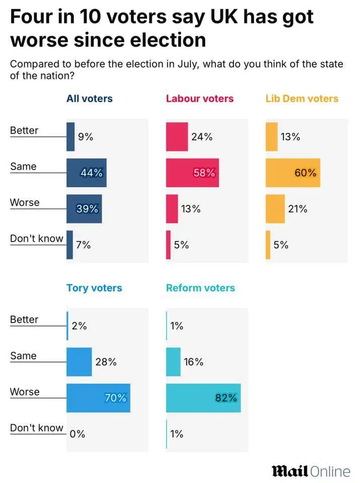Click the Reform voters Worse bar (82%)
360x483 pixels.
click(x=203, y=398)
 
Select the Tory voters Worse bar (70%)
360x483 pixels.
click(x=98, y=398)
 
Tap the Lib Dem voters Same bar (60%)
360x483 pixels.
click(x=293, y=173)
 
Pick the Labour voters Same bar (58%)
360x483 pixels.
click(x=192, y=173)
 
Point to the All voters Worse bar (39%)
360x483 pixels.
click(x=84, y=209)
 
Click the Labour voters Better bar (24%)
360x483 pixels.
click(x=177, y=136)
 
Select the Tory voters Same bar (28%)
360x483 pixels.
click(x=79, y=362)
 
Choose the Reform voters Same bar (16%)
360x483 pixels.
click(x=173, y=362)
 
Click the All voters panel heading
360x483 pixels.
click(x=90, y=99)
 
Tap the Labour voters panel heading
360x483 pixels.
click(x=200, y=99)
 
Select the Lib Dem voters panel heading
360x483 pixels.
click(x=302, y=99)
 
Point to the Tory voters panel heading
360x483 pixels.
click(x=94, y=288)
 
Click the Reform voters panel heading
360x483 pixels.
click(x=200, y=288)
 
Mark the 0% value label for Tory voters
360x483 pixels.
click(x=78, y=434)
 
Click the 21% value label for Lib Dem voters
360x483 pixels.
click(x=298, y=209)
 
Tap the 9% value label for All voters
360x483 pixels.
click(x=85, y=136)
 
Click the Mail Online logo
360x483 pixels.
click(x=311, y=471)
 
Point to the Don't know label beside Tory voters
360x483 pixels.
click(x=37, y=428)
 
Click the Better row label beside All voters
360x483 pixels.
click(x=24, y=131)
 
